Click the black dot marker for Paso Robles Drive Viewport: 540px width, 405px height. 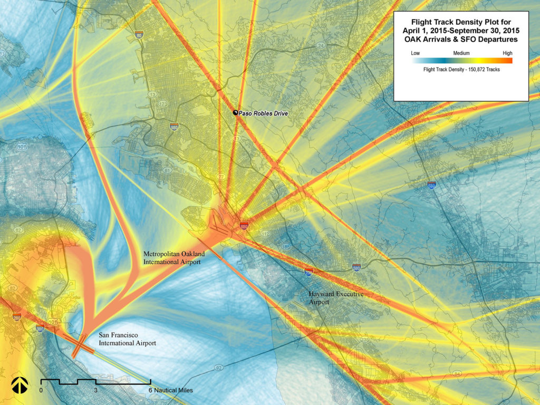235,113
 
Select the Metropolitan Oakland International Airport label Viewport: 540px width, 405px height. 174,257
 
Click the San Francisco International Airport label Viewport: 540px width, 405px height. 128,339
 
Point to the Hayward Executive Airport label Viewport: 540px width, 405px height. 336,298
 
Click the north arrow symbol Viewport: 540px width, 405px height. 19,385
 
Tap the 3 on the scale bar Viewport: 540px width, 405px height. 95,390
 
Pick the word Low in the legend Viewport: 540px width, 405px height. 416,53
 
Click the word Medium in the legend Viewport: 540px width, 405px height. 461,53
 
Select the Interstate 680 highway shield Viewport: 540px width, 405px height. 431,185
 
